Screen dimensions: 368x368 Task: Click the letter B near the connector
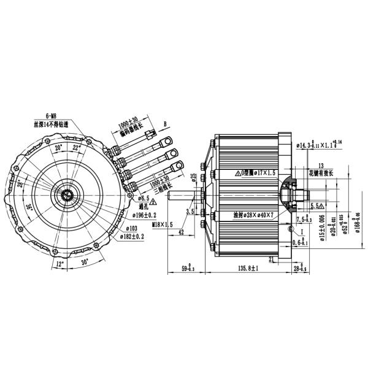click(165, 123)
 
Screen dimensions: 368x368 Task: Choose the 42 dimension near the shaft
click(182, 232)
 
